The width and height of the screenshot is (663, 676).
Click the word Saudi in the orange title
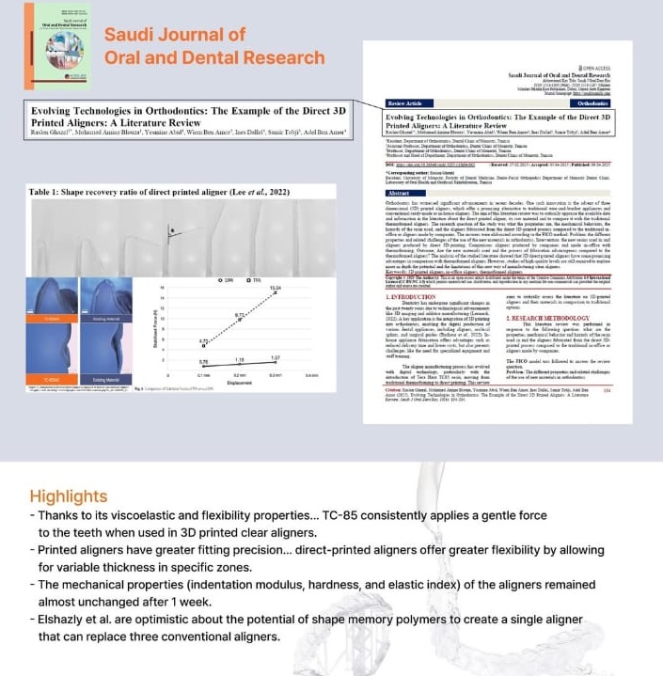coord(129,35)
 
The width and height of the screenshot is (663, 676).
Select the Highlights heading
coord(68,495)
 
